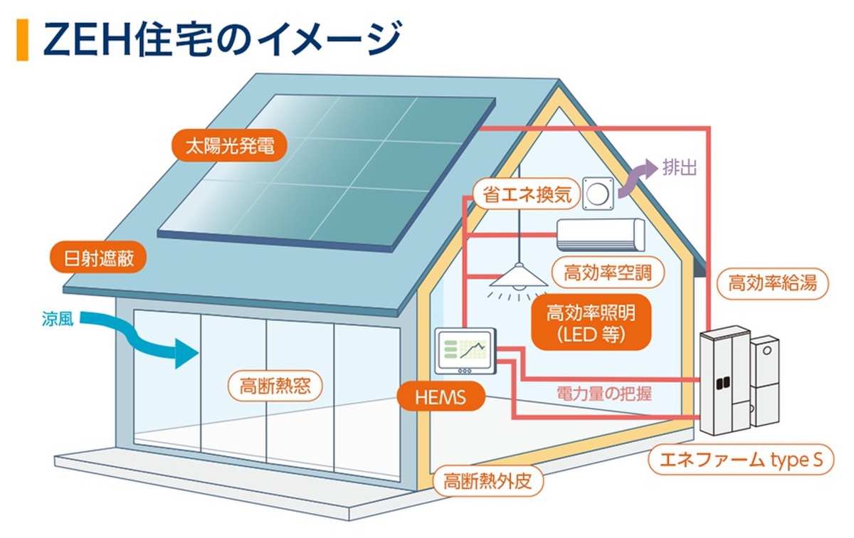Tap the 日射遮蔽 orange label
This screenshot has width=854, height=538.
tap(98, 258)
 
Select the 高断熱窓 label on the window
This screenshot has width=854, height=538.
tap(275, 386)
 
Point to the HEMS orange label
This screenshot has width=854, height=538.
tap(441, 396)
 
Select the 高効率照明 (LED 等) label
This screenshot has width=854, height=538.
tap(591, 322)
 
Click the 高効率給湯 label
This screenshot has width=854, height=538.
tap(773, 284)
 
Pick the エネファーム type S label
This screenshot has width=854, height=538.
tap(740, 460)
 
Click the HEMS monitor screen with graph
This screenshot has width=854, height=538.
tap(467, 349)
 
